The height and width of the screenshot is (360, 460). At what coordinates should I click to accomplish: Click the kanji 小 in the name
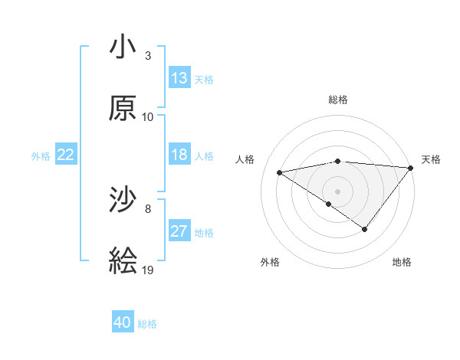123,47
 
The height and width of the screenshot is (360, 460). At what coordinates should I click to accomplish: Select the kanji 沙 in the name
123,201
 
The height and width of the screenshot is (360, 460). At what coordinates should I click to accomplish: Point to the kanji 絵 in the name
123,262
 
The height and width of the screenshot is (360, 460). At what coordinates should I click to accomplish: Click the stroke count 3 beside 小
148,56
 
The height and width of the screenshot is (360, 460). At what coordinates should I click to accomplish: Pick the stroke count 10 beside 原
148,117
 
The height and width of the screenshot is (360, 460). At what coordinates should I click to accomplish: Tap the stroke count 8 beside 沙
148,209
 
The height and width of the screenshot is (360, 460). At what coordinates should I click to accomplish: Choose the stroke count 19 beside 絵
148,270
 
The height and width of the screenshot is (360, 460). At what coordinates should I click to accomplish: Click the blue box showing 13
179,78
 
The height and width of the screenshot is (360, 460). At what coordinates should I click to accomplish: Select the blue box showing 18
179,155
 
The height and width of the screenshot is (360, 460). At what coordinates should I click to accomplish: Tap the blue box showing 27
179,231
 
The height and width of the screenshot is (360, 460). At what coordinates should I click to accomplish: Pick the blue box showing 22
66,155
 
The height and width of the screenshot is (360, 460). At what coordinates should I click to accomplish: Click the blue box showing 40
123,323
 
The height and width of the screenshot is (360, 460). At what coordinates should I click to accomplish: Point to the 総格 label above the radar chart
338,100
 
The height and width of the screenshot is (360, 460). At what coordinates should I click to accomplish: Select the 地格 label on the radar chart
402,262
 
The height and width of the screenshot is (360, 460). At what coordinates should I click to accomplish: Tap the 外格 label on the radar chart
270,262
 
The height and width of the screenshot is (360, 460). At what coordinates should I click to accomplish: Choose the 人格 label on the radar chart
245,159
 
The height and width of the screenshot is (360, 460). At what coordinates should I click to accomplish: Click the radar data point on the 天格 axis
412,167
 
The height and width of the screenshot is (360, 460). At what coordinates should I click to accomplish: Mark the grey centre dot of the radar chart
337,191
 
